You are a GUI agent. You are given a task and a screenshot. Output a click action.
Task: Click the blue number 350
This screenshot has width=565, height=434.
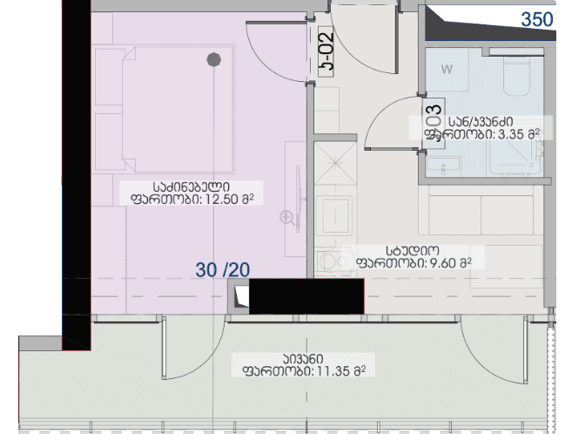click(536, 19)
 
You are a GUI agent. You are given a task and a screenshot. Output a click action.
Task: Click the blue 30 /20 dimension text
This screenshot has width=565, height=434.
click(222, 271)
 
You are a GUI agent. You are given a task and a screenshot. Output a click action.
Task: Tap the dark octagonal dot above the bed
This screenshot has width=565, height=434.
click(213, 60)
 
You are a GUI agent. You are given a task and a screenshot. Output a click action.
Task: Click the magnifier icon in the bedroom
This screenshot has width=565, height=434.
click(286, 217)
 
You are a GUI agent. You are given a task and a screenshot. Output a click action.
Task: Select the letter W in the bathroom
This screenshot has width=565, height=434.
click(447, 69)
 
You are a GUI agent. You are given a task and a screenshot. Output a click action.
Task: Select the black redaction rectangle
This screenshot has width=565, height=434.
click(306, 296)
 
